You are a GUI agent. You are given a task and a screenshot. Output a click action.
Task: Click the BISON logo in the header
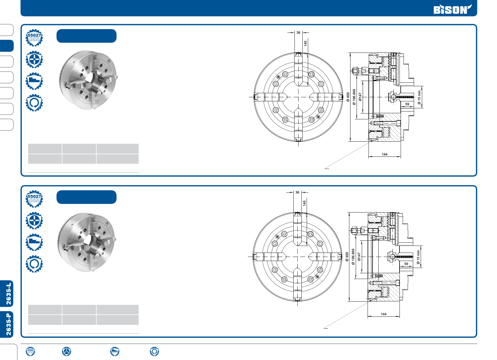(x=453, y=9)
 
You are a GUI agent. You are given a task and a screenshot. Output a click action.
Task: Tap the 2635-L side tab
(x=7, y=294)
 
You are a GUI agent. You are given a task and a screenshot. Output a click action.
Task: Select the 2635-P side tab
(x=7, y=324)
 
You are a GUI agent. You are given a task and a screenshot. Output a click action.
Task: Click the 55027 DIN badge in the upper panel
(x=34, y=37)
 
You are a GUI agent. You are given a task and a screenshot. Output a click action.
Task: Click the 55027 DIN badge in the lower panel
(x=34, y=199)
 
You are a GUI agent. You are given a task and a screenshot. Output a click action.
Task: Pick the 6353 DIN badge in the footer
(x=30, y=351)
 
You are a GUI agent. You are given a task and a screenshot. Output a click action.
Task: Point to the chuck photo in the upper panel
(x=88, y=80)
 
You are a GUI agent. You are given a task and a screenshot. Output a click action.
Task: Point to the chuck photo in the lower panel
(x=87, y=242)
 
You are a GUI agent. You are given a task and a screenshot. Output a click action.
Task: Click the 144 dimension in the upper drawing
(x=384, y=154)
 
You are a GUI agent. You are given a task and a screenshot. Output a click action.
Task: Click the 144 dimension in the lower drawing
(x=384, y=314)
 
